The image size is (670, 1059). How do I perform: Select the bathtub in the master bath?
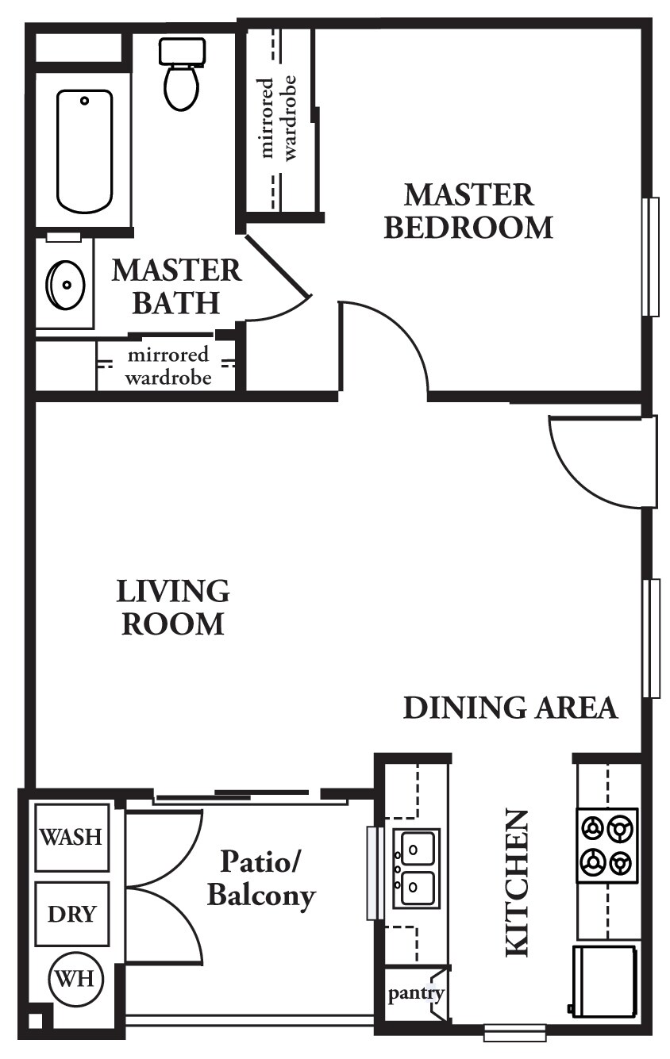[x=84, y=151]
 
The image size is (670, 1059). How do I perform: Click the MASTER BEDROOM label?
[x=468, y=211]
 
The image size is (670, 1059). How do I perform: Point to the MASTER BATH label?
[x=175, y=286]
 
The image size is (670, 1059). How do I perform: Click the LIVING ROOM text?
[x=173, y=608]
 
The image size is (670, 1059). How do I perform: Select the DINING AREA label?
[x=510, y=708]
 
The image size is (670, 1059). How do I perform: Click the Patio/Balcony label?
[x=261, y=878]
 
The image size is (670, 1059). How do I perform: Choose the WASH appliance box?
[x=71, y=837]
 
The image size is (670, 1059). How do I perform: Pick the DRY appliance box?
[x=71, y=914]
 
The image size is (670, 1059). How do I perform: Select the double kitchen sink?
[x=416, y=868]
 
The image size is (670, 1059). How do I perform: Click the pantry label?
[x=414, y=993]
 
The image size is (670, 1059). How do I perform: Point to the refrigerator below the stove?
[x=605, y=980]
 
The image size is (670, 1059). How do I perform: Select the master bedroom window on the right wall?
[x=650, y=256]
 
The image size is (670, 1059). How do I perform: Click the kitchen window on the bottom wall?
[x=514, y=1033]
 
